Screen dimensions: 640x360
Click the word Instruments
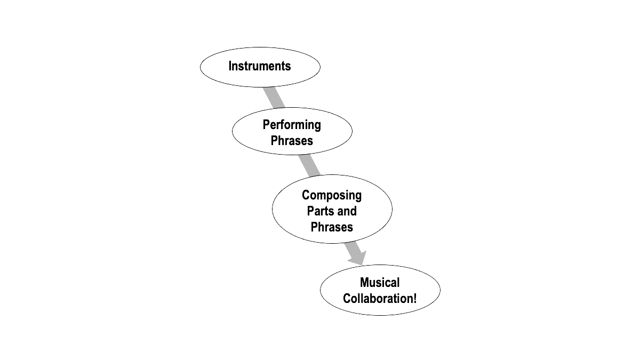point(260,66)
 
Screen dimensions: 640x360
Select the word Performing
point(292,125)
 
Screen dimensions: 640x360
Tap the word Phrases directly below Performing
point(292,141)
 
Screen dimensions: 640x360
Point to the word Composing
point(332,196)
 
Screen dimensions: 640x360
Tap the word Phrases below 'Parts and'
point(332,227)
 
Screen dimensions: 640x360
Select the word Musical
point(380,283)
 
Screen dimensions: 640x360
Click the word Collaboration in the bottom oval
point(378,299)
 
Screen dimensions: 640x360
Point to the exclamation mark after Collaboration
point(415,299)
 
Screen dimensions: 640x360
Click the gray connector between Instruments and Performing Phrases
point(274,98)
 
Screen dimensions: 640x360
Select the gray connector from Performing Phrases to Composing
point(309,165)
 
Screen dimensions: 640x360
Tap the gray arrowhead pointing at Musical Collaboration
point(358,258)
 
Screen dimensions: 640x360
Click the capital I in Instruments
point(230,66)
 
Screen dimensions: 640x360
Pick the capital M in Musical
point(365,283)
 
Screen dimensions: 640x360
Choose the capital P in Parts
point(310,211)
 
